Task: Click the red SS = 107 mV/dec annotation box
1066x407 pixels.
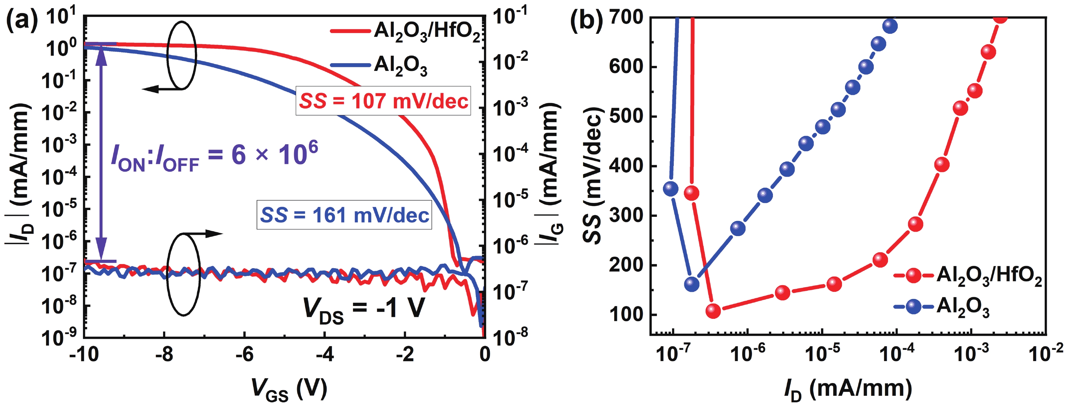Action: pos(383,101)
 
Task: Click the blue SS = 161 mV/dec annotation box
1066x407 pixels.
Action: pos(344,215)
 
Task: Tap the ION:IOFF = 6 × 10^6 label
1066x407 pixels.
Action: pos(214,156)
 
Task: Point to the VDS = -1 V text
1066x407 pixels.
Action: pos(364,309)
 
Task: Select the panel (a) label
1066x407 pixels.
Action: pos(22,21)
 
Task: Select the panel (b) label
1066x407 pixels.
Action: pos(586,21)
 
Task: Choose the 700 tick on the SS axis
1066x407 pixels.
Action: pos(626,17)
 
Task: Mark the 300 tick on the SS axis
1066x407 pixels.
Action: pos(626,215)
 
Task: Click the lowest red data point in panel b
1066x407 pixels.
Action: pos(713,310)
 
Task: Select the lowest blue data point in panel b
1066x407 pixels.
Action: pos(691,284)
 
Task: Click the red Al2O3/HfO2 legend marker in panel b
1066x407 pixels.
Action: pos(913,275)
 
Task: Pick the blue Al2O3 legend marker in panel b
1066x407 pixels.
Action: pos(913,307)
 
